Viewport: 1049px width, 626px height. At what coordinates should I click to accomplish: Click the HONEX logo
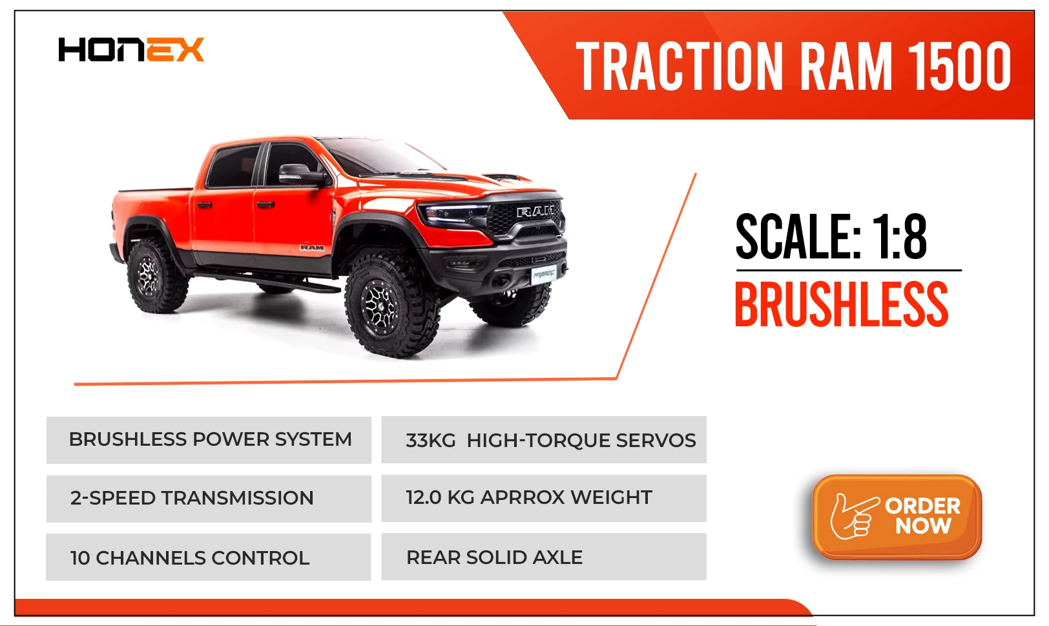[x=131, y=50]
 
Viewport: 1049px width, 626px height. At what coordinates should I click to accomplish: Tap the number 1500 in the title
[x=959, y=66]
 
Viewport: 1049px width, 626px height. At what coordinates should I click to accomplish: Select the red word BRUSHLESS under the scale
[x=841, y=304]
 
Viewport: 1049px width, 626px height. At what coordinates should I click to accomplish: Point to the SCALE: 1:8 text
[x=831, y=236]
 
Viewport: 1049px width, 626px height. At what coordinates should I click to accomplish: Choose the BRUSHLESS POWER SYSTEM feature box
[x=209, y=440]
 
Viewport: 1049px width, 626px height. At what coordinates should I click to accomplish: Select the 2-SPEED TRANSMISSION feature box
[x=209, y=499]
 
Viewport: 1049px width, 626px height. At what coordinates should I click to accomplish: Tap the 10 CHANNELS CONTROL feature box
[x=209, y=557]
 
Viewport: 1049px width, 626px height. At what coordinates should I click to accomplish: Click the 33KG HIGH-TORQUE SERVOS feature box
[x=544, y=440]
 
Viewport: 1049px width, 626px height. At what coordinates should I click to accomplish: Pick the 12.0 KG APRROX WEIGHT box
[x=544, y=498]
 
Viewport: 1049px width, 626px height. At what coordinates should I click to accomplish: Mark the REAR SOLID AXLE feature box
[x=544, y=557]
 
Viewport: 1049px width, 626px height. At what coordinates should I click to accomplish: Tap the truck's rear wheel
[x=154, y=275]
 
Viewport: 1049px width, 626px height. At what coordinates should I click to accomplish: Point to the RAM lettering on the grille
[x=537, y=212]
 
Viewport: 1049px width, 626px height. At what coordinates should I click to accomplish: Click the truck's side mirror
[x=300, y=174]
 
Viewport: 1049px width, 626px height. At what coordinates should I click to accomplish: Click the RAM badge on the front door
[x=312, y=247]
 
